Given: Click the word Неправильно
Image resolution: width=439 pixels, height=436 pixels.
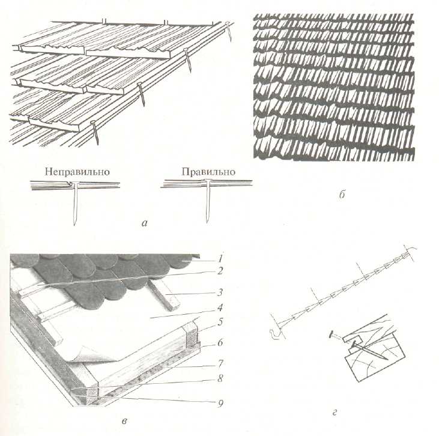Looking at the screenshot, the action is [77, 171].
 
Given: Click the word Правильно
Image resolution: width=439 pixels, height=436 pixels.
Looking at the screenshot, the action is [208, 171].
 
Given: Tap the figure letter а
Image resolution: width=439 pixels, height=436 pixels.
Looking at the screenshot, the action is [145, 223].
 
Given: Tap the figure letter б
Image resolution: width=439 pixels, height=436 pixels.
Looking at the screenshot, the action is [342, 194].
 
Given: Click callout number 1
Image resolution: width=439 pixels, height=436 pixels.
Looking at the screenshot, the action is [220, 258].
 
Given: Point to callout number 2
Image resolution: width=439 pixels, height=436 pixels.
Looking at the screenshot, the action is [220, 271].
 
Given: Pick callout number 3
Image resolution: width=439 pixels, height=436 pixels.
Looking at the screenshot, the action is [220, 292].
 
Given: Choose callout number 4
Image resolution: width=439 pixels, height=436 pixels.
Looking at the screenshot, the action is [220, 307].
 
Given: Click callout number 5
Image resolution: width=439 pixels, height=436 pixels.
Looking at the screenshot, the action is [220, 322].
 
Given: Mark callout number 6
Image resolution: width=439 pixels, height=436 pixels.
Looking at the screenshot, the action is [220, 342].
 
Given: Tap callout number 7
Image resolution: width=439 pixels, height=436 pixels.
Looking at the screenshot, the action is [220, 363].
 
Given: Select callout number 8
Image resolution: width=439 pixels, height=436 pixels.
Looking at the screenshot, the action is [220, 378].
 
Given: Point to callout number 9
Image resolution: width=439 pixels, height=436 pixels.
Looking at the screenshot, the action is [220, 403].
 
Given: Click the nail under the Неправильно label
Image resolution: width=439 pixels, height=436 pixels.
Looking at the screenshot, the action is [75, 203].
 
